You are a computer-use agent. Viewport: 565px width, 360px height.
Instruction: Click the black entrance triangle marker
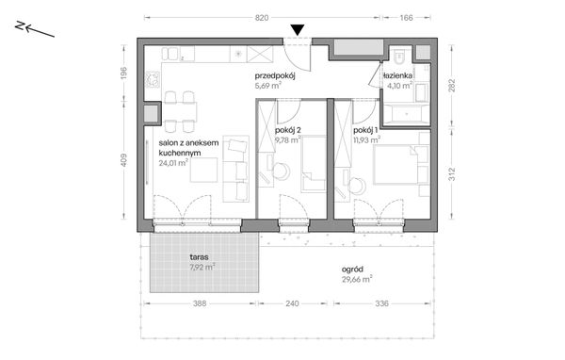pos(298,30)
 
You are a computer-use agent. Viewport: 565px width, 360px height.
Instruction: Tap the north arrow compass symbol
pos(35,29)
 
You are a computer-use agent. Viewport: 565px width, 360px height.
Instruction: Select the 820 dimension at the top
pos(262,18)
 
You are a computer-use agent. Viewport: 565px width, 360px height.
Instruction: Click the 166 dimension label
pos(406,18)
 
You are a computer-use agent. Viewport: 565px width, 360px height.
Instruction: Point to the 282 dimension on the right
pos(452,86)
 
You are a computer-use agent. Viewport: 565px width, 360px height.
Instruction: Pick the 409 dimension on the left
pos(123,160)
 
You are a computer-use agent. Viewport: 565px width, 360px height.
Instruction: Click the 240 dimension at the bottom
pos(292,303)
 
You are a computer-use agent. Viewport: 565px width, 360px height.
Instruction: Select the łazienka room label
pos(397,75)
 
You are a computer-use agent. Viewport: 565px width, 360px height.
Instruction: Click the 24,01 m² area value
pos(173,163)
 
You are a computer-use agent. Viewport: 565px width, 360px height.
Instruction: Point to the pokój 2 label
pos(288,130)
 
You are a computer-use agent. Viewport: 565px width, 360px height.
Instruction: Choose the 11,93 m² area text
pos(367,139)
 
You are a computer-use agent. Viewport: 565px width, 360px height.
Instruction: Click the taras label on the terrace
pos(200,257)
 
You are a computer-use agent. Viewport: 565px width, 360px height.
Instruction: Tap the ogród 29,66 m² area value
pos(357,279)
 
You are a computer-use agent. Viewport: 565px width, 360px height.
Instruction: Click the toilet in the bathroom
pos(399,56)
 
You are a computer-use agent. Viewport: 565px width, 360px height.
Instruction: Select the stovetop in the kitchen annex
pos(153,80)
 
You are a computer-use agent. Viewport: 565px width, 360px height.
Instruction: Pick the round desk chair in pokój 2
pos(281,171)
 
